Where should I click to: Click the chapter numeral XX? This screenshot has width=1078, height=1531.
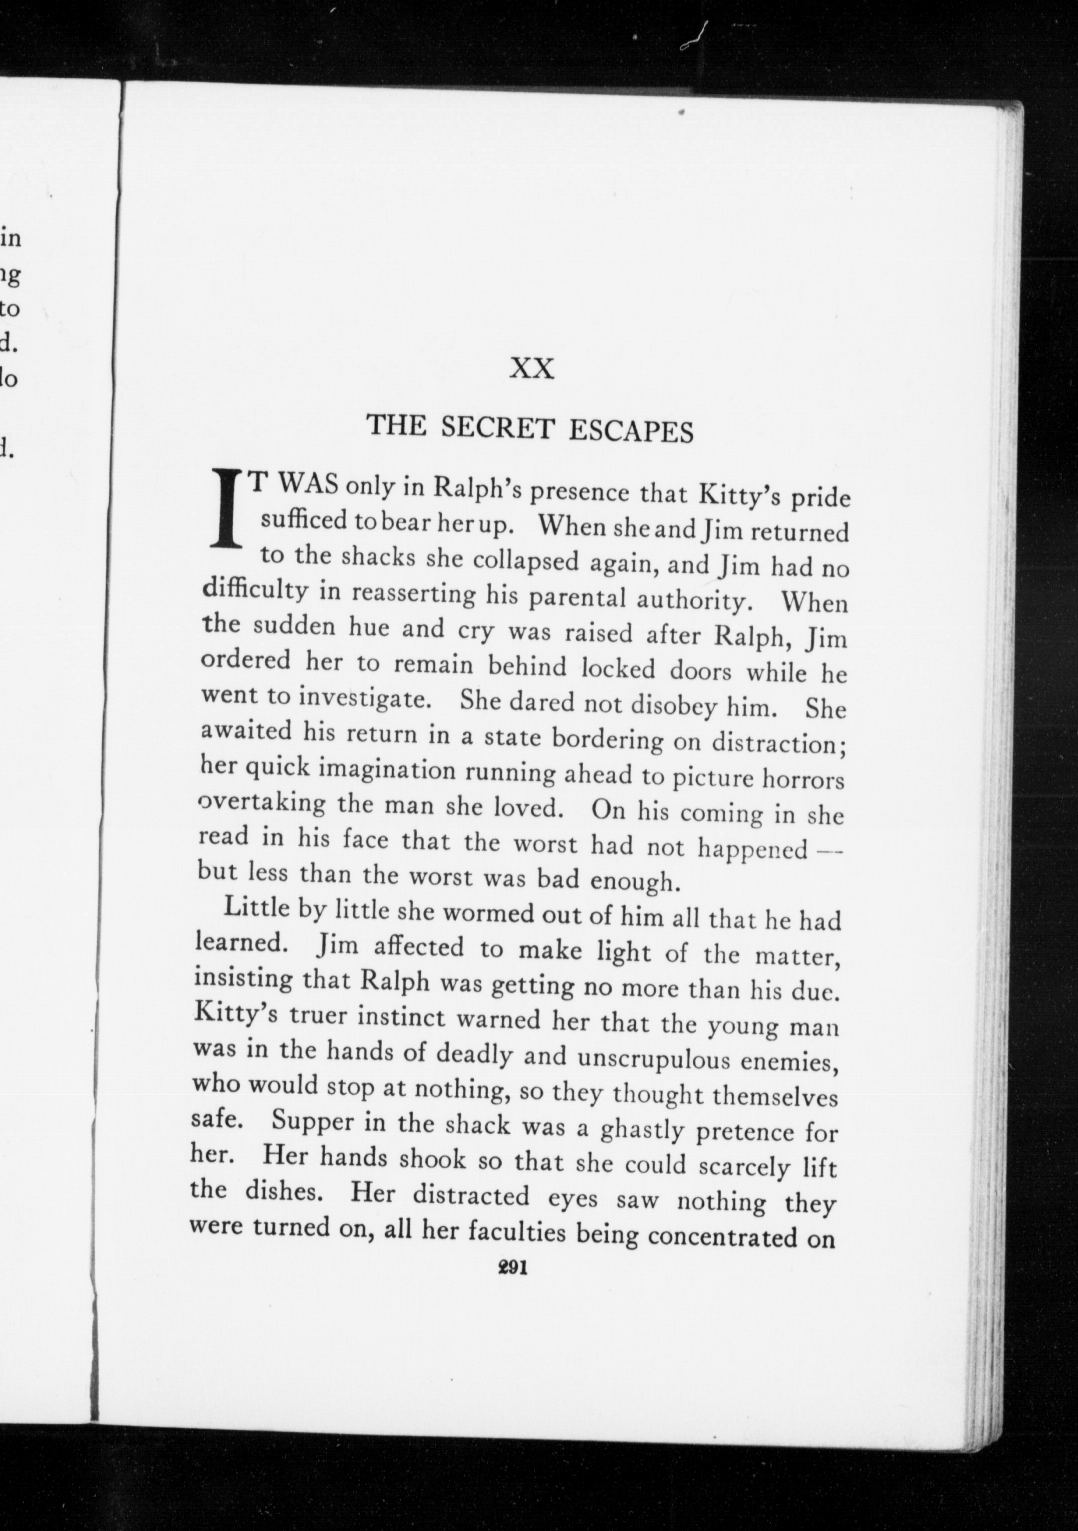click(531, 369)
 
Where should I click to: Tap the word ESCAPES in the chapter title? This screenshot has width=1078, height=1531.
click(631, 432)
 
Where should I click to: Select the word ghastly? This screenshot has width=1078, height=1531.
click(642, 1130)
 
